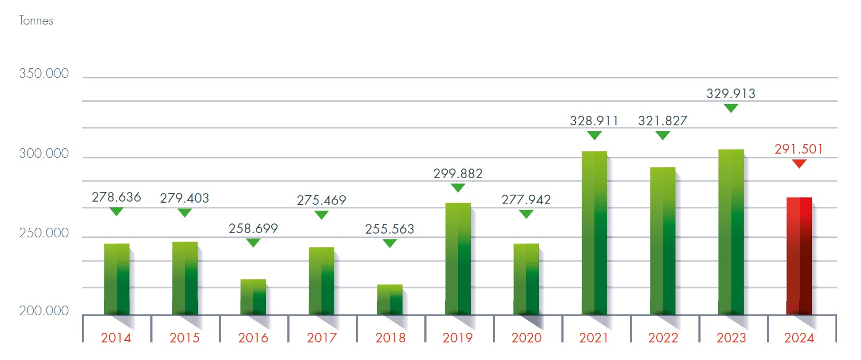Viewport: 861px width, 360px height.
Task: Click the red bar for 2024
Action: click(x=799, y=256)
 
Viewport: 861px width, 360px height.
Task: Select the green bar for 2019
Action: click(x=457, y=259)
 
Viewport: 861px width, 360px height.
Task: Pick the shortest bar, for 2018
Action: click(x=390, y=300)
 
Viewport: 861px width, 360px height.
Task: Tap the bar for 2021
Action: click(x=594, y=233)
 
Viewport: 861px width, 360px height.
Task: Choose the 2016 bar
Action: click(x=253, y=297)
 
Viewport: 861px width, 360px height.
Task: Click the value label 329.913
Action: click(x=730, y=94)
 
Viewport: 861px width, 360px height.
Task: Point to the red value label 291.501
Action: click(x=799, y=149)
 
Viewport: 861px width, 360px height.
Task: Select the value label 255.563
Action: click(x=389, y=229)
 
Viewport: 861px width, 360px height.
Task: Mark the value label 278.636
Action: click(x=116, y=197)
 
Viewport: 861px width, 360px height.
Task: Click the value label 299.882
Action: click(x=457, y=174)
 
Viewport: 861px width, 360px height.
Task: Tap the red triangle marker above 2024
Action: click(x=799, y=164)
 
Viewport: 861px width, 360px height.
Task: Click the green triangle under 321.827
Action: click(x=662, y=135)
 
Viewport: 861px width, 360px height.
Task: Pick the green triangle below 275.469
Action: click(x=321, y=214)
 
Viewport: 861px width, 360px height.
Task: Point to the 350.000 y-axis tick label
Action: click(x=44, y=74)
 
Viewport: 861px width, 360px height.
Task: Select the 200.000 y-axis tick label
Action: click(x=44, y=311)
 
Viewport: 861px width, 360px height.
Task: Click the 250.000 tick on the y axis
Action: click(x=44, y=233)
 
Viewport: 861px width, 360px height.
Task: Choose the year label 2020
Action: click(x=526, y=338)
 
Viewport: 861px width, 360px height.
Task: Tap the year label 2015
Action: click(x=184, y=338)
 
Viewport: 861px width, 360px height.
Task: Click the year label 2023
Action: click(x=731, y=338)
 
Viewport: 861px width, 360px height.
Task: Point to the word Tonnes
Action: click(x=36, y=21)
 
